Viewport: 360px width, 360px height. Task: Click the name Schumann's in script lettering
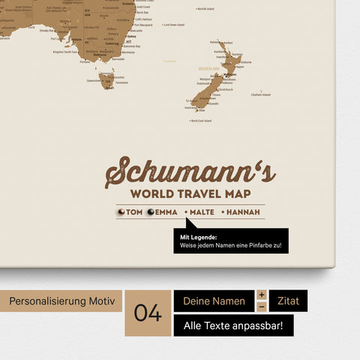coord(190,172)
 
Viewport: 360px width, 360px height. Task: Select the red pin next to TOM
coord(121,212)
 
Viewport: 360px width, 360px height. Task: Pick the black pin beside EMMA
coord(150,212)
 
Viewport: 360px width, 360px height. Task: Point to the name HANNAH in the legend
coord(241,212)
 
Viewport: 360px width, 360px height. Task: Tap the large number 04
coord(148,313)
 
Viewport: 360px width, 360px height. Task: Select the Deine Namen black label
coord(214,301)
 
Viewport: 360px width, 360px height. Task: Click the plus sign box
coord(262,295)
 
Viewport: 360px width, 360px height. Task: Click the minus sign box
coord(262,307)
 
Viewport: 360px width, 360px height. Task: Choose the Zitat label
coord(288,301)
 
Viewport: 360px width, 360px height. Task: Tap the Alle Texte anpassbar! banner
coord(233,325)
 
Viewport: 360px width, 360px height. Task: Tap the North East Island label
coord(200,121)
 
